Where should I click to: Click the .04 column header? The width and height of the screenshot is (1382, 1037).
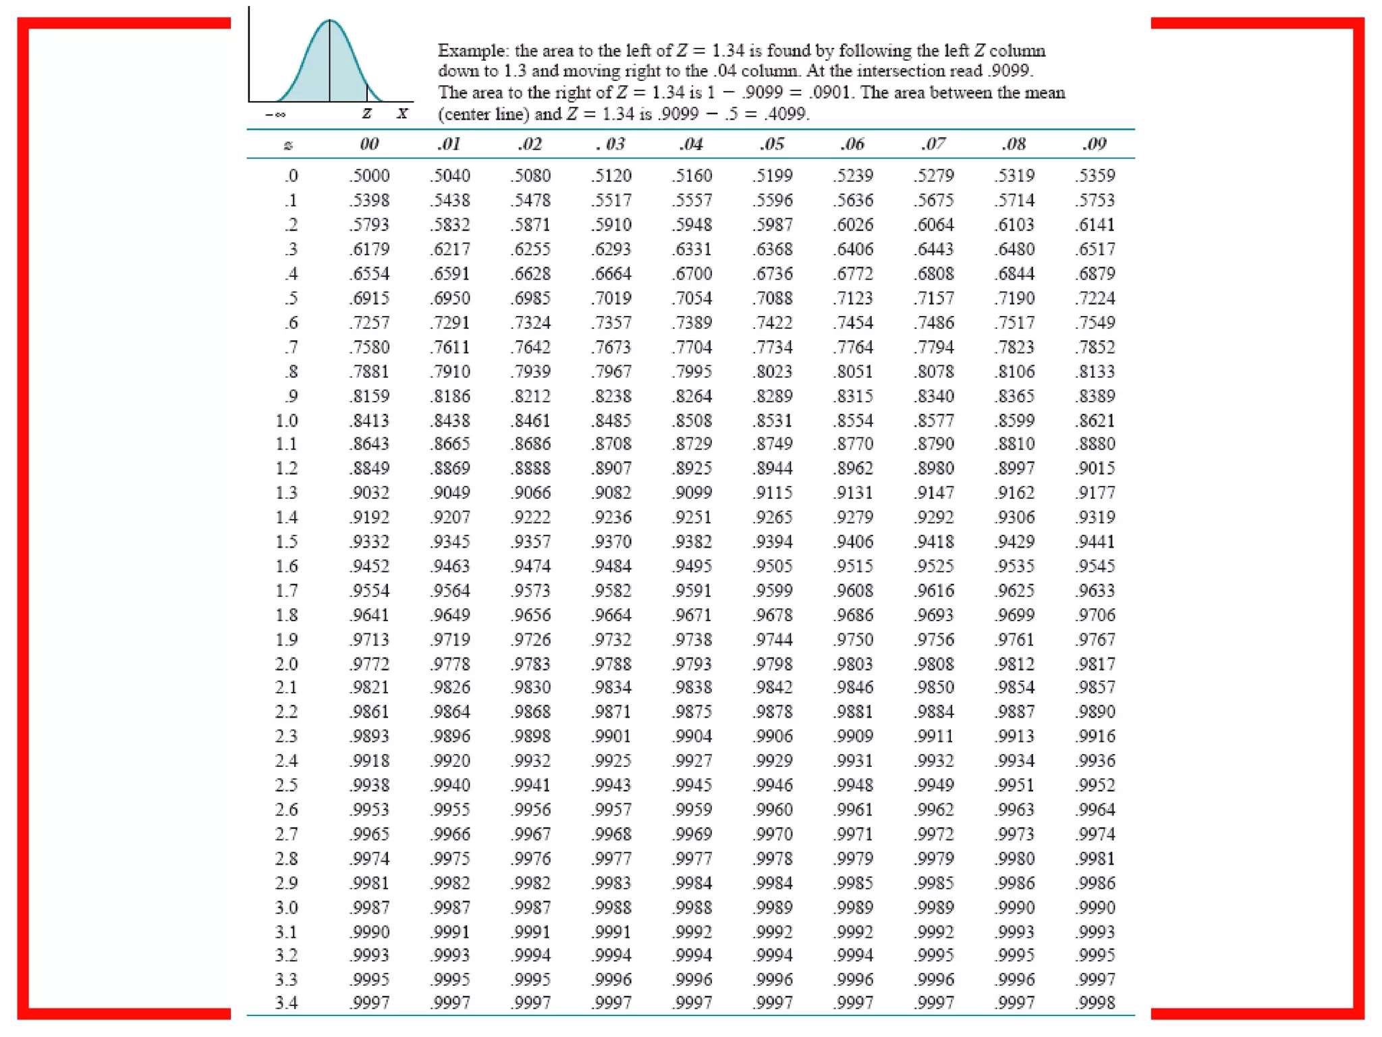click(x=692, y=144)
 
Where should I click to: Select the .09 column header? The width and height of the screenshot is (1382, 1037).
click(x=1095, y=144)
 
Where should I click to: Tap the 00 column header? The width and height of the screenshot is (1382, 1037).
click(x=369, y=144)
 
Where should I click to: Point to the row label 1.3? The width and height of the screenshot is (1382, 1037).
click(x=287, y=493)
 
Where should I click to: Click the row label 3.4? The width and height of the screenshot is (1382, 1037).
click(x=287, y=1003)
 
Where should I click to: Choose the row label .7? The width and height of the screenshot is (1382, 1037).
click(x=291, y=347)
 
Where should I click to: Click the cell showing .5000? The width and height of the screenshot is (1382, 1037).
click(x=369, y=176)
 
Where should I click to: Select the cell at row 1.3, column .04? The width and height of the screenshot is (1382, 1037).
click(x=692, y=493)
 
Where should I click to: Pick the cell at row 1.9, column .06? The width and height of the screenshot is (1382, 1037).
click(x=854, y=639)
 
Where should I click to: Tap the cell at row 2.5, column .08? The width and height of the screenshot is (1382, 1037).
click(x=1014, y=785)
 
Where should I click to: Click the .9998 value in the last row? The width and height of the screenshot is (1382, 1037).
click(x=1095, y=1003)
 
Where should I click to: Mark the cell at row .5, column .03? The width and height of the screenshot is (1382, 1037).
click(x=611, y=298)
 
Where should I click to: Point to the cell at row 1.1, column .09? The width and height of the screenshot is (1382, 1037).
click(x=1095, y=444)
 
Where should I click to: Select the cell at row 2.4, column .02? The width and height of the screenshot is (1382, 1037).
click(x=531, y=761)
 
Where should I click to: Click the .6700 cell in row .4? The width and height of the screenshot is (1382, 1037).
click(x=692, y=274)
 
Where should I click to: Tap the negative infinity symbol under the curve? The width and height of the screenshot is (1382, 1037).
click(x=275, y=115)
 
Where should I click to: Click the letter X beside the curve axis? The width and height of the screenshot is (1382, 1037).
click(x=402, y=113)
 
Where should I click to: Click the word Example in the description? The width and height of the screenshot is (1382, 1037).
click(x=472, y=51)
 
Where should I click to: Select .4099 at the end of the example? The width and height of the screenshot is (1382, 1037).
click(x=785, y=113)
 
